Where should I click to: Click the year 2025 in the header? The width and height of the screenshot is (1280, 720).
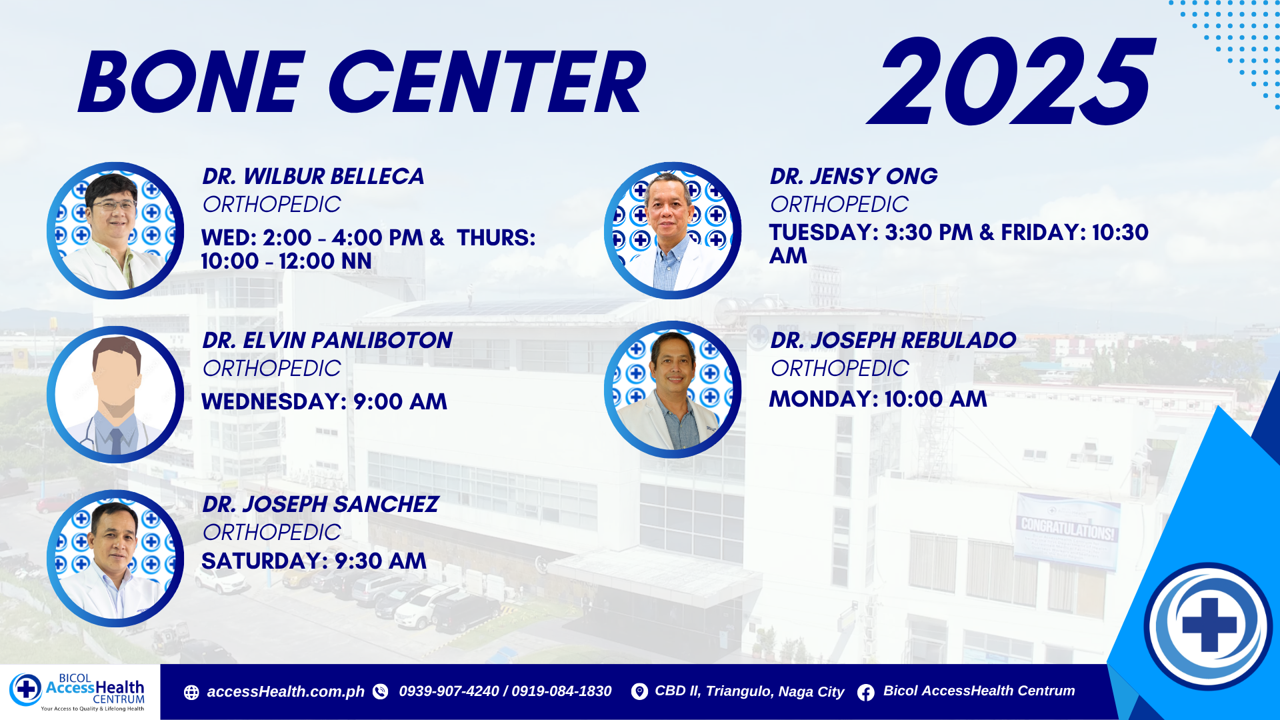1011,81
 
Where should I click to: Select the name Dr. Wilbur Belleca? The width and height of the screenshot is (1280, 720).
313,177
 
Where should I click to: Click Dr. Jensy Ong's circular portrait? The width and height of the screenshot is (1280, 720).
673,231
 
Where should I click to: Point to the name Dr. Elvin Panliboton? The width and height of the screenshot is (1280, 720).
327,341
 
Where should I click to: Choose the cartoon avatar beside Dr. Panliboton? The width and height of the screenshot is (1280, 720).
115,395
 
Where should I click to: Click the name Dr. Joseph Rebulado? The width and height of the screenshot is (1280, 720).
893,341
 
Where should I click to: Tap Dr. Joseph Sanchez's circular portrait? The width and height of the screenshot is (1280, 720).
115,559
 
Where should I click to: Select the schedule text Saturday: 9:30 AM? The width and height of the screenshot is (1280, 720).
314,561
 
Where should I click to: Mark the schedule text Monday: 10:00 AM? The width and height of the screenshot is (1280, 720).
878,399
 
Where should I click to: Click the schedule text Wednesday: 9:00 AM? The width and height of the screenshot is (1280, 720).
324,402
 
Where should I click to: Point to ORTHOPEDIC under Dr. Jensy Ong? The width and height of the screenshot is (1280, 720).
839,205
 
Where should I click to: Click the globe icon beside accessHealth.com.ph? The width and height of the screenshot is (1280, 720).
191,693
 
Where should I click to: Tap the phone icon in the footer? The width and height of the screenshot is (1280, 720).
381,692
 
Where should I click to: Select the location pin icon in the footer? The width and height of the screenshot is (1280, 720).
639,692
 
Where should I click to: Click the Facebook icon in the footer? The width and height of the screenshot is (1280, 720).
866,693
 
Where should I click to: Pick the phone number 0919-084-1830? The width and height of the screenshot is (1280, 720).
561,691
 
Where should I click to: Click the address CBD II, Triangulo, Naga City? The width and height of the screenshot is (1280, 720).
749,691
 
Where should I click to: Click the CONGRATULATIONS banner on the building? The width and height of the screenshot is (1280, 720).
1067,531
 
